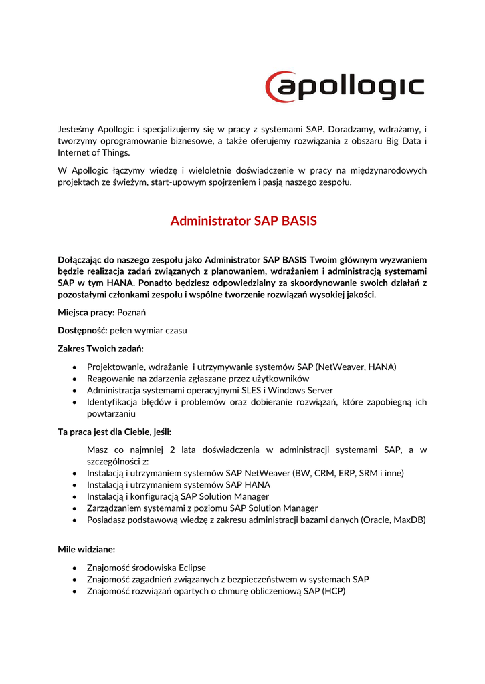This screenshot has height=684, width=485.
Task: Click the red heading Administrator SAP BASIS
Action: click(244, 220)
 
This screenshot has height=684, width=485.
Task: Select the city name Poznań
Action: click(132, 312)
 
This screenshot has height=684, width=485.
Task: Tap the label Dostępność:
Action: click(82, 330)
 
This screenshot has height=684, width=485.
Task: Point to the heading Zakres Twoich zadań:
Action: click(101, 348)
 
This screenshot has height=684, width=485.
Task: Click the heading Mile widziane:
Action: click(86, 549)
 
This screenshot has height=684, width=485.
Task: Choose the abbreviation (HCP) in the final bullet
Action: click(333, 591)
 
